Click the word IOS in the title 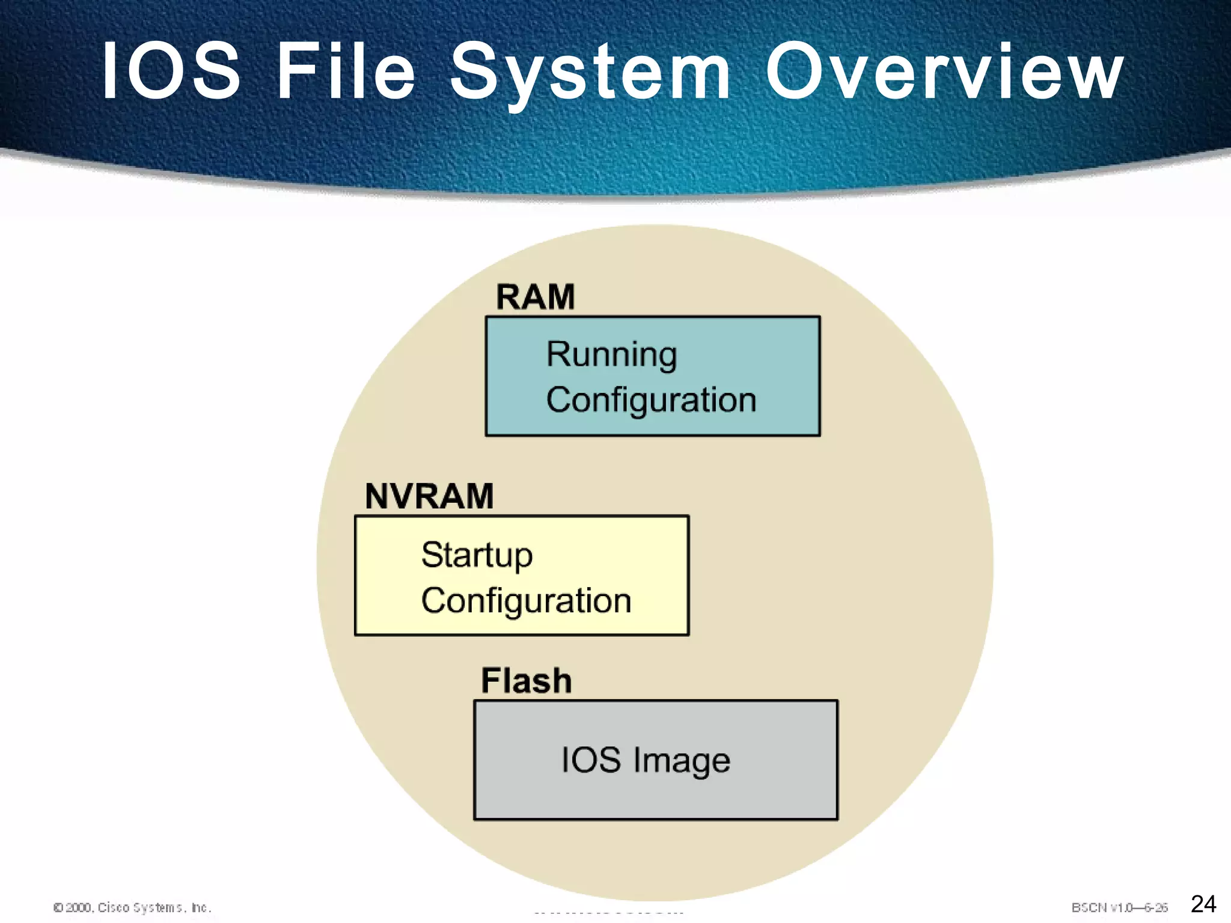click(x=172, y=71)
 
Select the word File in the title click(x=346, y=71)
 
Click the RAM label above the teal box click(x=535, y=297)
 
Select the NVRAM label click(x=429, y=496)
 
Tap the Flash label click(x=526, y=681)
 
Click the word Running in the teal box click(x=611, y=355)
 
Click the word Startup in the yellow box click(x=477, y=555)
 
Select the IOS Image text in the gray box click(x=645, y=760)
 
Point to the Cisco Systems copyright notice click(x=132, y=907)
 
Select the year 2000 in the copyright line click(x=78, y=907)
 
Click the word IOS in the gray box click(x=590, y=760)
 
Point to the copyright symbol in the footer click(x=58, y=907)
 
